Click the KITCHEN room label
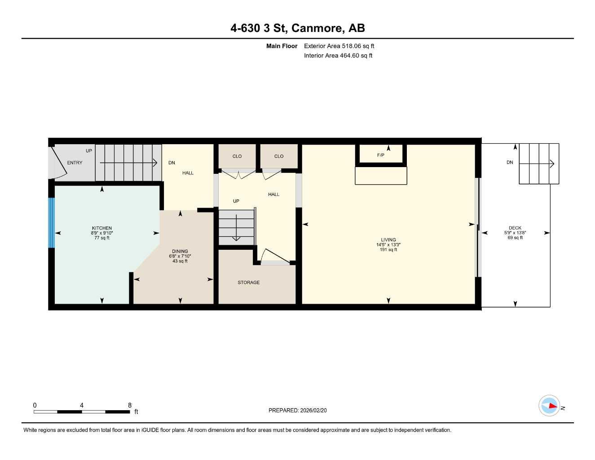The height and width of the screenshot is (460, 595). click(x=102, y=228)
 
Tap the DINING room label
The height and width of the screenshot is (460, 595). click(x=180, y=252)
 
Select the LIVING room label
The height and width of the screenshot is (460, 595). click(x=388, y=240)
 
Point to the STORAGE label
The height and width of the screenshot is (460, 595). click(x=249, y=283)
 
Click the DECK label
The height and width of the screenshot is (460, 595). click(x=515, y=228)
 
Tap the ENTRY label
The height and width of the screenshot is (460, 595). click(x=75, y=163)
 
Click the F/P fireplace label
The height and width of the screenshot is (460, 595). click(x=381, y=155)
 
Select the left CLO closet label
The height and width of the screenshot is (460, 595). click(x=237, y=156)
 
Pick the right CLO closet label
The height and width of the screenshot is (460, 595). click(x=279, y=156)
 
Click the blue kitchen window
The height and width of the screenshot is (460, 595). click(x=51, y=223)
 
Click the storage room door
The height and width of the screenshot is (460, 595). click(x=275, y=257)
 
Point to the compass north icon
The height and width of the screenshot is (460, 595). click(x=550, y=406)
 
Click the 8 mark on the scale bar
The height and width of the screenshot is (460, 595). click(x=130, y=405)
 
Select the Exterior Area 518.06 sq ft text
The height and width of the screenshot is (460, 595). click(x=339, y=46)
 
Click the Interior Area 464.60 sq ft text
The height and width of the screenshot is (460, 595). click(x=338, y=56)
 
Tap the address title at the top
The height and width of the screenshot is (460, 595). click(x=297, y=28)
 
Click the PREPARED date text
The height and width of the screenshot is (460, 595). click(x=298, y=410)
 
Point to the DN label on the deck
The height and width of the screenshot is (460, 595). click(x=510, y=163)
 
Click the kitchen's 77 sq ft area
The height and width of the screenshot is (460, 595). click(x=102, y=238)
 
